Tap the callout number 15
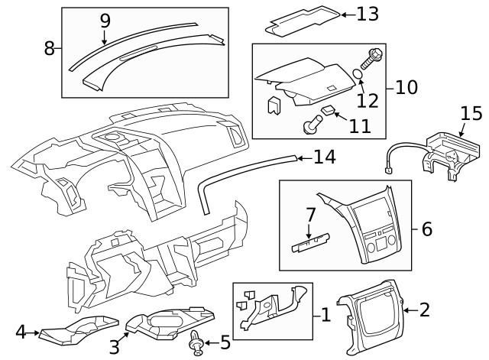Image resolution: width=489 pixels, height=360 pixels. [x=471, y=115]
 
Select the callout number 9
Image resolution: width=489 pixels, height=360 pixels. [x=105, y=20]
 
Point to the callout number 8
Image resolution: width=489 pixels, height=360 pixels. [x=50, y=48]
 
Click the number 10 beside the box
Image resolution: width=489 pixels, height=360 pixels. [x=406, y=87]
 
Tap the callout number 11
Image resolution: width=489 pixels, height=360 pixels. [x=359, y=124]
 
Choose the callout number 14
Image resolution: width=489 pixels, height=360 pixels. [x=324, y=157]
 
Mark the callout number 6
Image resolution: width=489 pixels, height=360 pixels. [x=426, y=229]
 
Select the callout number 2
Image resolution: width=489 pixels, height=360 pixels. [x=425, y=310]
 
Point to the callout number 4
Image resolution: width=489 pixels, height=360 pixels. [x=21, y=332]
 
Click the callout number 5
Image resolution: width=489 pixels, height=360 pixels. [x=225, y=342]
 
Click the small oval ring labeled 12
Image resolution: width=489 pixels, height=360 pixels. [x=358, y=75]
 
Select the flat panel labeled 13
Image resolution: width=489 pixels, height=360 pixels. [x=301, y=21]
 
